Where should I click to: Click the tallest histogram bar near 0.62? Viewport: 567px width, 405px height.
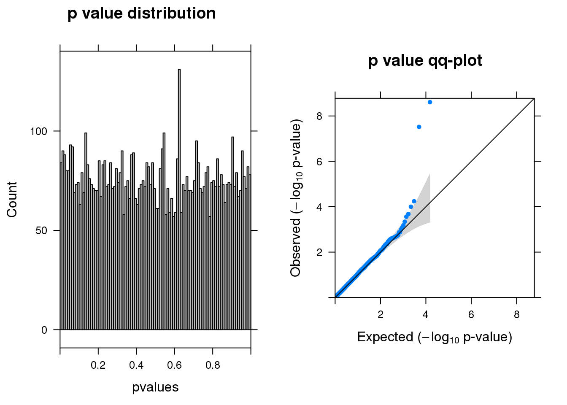(179, 198)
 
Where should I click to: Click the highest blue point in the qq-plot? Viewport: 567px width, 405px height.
(430, 102)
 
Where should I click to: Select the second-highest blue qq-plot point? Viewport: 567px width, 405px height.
(419, 127)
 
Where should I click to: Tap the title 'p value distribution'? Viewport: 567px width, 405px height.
(142, 13)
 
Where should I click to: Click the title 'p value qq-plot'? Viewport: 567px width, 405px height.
(425, 61)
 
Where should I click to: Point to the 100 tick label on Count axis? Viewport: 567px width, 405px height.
(38, 131)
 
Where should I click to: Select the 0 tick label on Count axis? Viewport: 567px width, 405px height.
(44, 330)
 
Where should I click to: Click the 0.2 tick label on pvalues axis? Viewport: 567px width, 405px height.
(98, 365)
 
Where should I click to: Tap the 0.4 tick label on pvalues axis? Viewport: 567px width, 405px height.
(136, 365)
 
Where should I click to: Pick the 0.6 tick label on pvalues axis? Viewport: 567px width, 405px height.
(175, 365)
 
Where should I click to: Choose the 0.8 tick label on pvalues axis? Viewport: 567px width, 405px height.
(213, 365)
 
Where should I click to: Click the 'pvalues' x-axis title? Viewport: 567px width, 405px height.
(155, 387)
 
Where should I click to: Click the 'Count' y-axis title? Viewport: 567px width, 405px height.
(12, 200)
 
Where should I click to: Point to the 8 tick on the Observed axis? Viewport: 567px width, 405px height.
(319, 116)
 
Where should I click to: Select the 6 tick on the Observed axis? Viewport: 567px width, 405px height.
(319, 162)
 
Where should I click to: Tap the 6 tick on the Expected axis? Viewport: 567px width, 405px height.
(471, 315)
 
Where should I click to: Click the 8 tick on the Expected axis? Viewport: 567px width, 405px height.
(517, 315)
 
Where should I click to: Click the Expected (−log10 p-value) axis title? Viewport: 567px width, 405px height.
(435, 337)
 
